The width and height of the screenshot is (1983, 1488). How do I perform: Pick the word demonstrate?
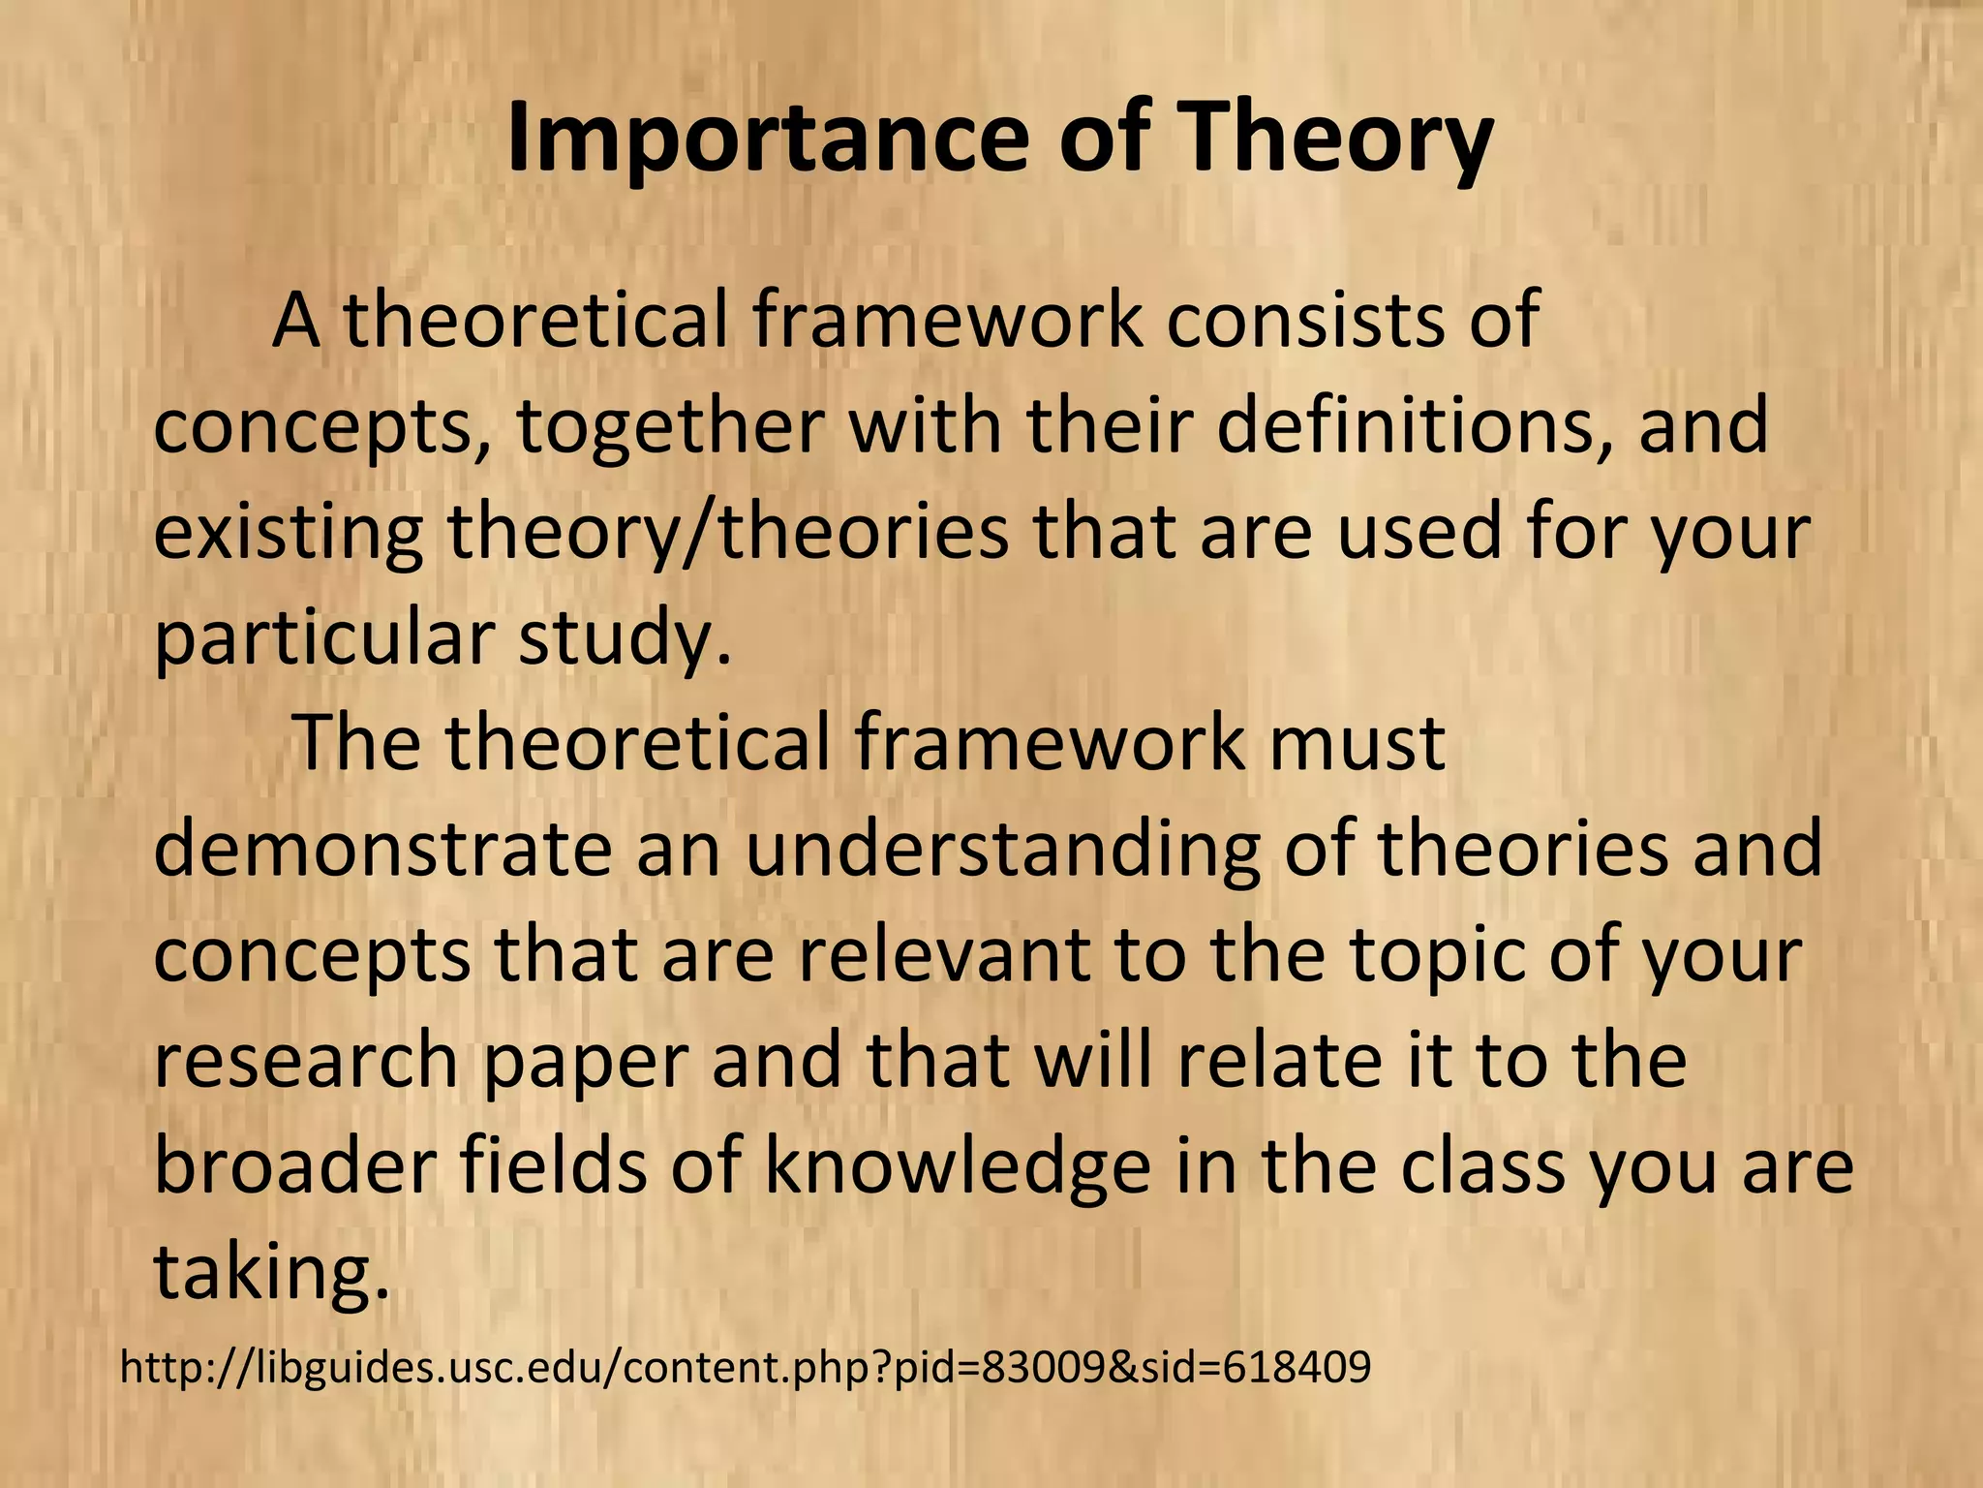pyautogui.click(x=382, y=850)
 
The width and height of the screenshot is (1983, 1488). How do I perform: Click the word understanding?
pyautogui.click(x=1002, y=850)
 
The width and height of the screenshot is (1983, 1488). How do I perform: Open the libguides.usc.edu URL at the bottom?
pyautogui.click(x=745, y=1368)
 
